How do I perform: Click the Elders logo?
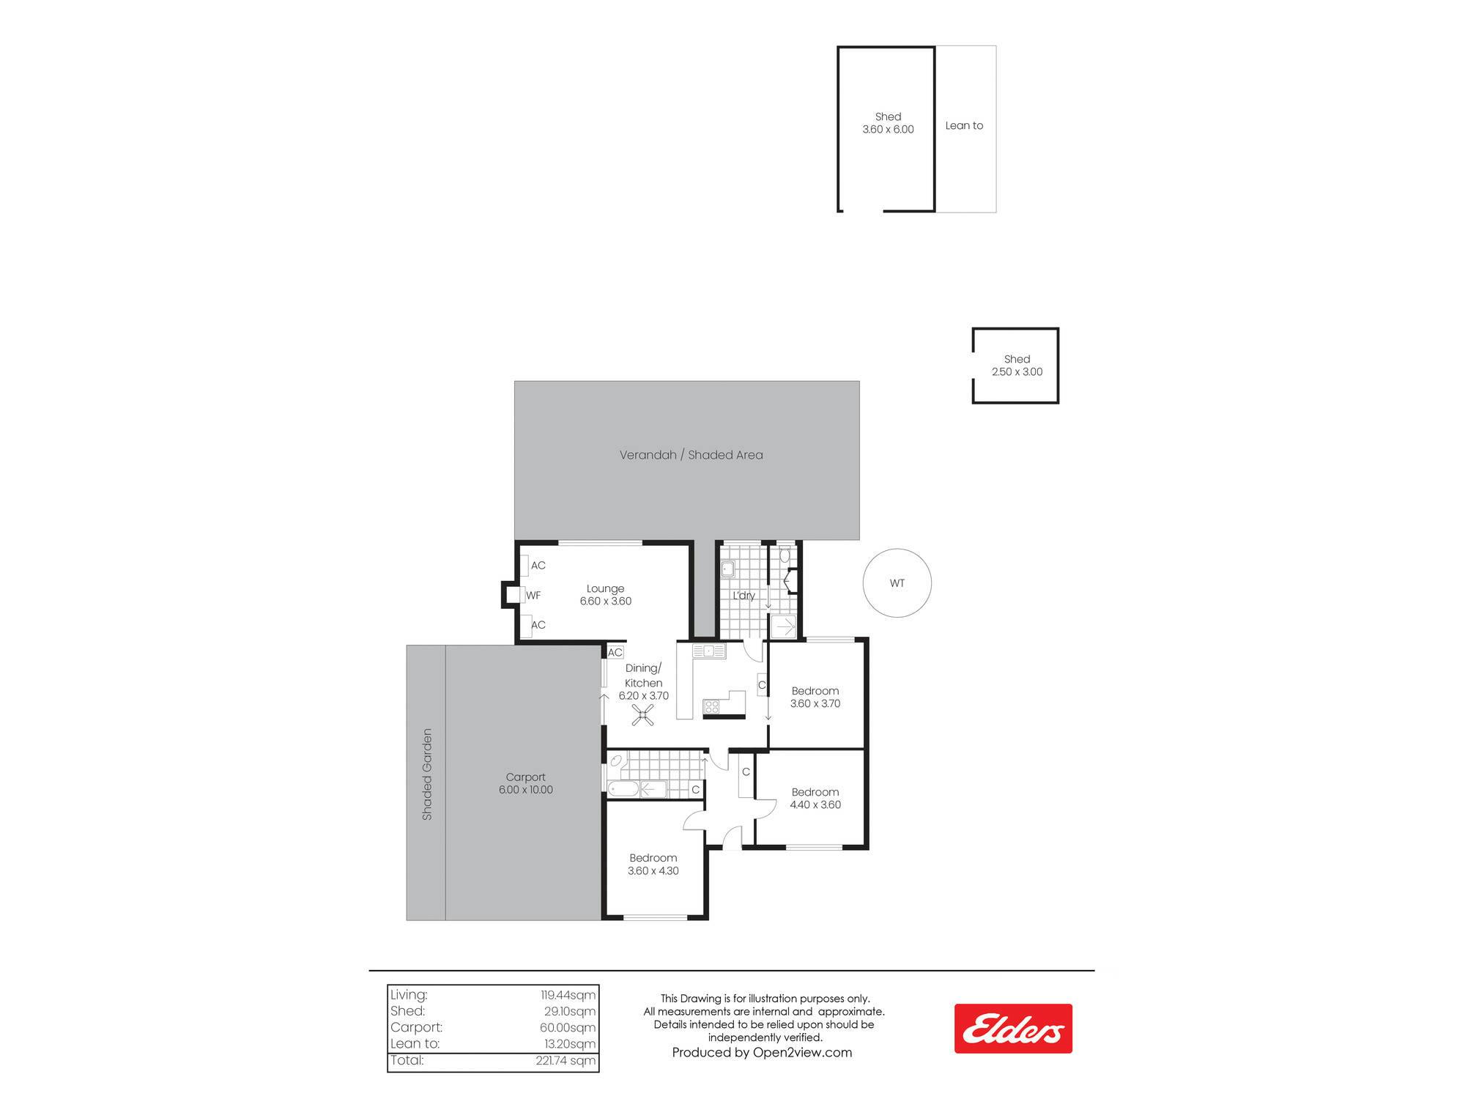click(x=1013, y=1029)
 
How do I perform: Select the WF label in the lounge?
click(x=533, y=596)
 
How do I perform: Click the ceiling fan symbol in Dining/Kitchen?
click(x=643, y=715)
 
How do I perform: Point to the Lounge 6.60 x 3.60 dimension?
click(x=606, y=602)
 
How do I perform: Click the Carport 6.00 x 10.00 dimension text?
click(x=526, y=790)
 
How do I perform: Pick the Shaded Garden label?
click(x=427, y=774)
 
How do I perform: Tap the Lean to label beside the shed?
click(x=964, y=125)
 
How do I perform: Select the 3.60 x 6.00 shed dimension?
click(x=888, y=130)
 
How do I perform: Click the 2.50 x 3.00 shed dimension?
click(x=1017, y=372)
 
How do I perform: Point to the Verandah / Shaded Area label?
click(x=691, y=455)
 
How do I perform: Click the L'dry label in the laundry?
click(x=743, y=596)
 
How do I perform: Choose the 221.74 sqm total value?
click(x=565, y=1061)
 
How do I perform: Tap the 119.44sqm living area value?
click(x=568, y=995)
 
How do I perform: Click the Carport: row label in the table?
click(x=416, y=1027)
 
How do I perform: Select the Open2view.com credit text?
click(x=802, y=1053)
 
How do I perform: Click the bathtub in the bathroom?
click(x=623, y=789)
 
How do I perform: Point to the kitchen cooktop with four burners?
click(x=711, y=707)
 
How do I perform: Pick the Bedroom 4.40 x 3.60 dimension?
click(x=815, y=804)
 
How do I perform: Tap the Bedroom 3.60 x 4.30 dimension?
click(x=653, y=871)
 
